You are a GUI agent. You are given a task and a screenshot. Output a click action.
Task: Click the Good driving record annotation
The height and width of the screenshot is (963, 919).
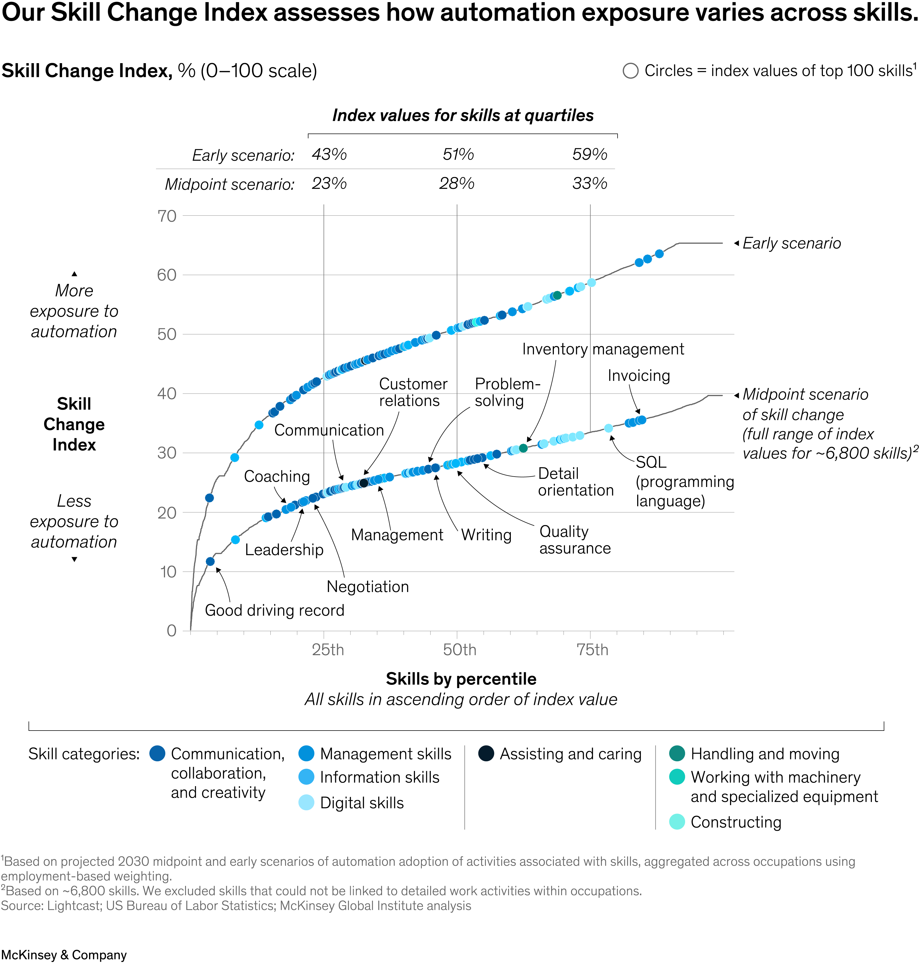tap(274, 611)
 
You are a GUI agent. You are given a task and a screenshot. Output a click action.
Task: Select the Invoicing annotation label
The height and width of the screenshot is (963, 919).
tap(638, 376)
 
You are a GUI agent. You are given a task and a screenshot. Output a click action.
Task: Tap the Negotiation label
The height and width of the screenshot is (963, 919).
tap(367, 587)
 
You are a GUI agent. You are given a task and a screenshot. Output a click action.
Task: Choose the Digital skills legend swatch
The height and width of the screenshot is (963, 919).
tap(306, 803)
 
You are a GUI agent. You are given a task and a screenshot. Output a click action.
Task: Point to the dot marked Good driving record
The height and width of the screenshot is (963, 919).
tap(210, 561)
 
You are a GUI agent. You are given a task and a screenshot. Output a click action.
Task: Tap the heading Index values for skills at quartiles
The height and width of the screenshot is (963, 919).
tap(462, 115)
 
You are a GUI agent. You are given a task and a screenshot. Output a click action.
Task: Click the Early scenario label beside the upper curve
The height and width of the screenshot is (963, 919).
tap(791, 243)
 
